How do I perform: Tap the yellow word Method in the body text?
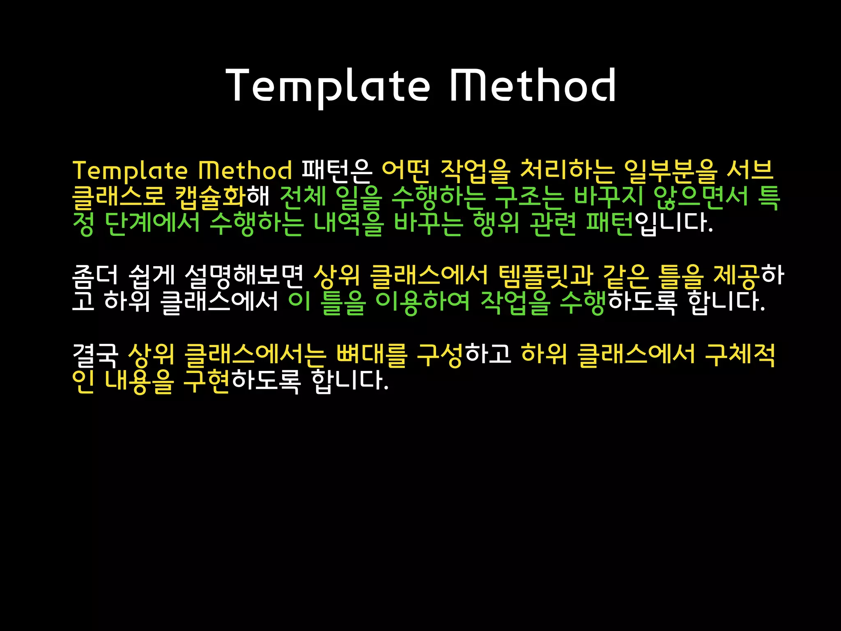[x=245, y=170]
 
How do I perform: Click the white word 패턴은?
[x=337, y=171]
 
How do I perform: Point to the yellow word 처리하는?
[x=567, y=171]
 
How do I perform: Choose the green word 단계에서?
[x=152, y=223]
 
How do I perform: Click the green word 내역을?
[x=348, y=223]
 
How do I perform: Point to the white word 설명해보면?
[x=244, y=276]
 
